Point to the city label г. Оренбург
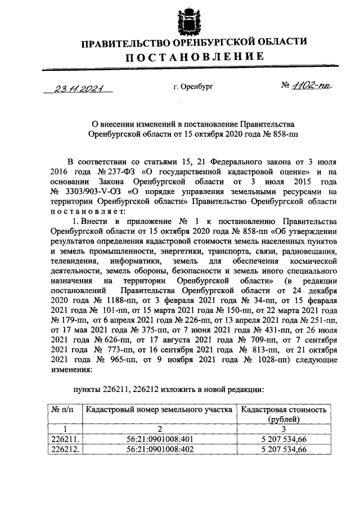(194, 88)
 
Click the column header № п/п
(64, 410)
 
